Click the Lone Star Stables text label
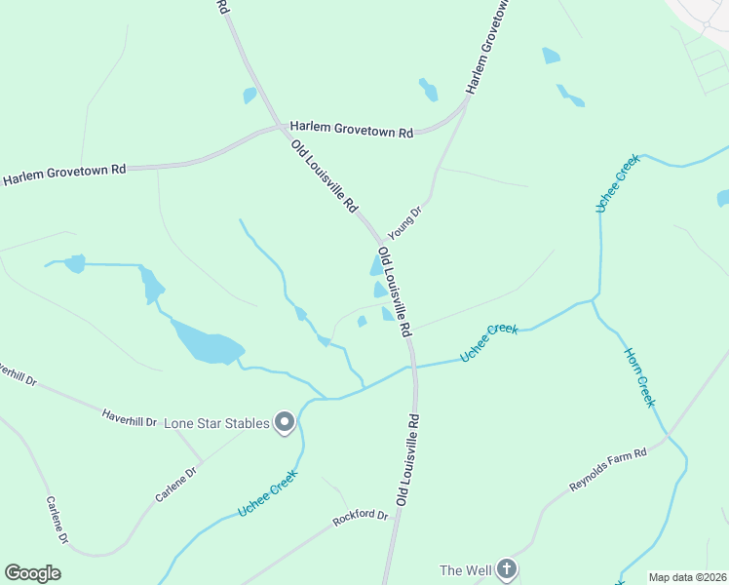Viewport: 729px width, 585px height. (x=216, y=423)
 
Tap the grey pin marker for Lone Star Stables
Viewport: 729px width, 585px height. (x=286, y=422)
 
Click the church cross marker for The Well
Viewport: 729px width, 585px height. (x=506, y=569)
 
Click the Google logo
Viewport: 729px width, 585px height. (x=32, y=573)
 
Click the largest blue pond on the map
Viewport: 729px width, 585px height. (x=208, y=344)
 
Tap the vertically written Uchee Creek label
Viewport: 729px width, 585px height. (x=617, y=182)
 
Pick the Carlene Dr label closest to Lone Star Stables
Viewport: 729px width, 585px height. (x=176, y=484)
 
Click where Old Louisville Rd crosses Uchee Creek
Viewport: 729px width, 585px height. (x=413, y=366)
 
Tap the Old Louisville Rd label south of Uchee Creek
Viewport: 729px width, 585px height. (x=407, y=458)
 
